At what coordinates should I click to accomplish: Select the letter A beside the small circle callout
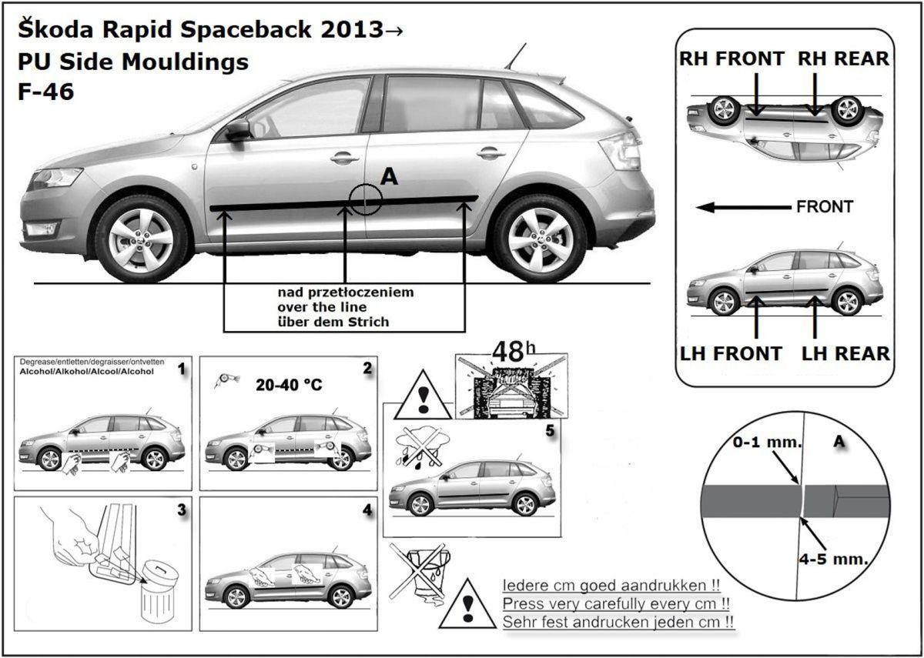click(x=389, y=177)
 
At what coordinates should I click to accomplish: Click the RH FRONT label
click(x=731, y=58)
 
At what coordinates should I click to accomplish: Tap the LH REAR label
click(x=845, y=354)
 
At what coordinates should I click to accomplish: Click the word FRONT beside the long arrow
click(x=825, y=207)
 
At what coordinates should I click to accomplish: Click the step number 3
click(x=181, y=509)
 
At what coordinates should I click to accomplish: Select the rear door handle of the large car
click(x=490, y=153)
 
